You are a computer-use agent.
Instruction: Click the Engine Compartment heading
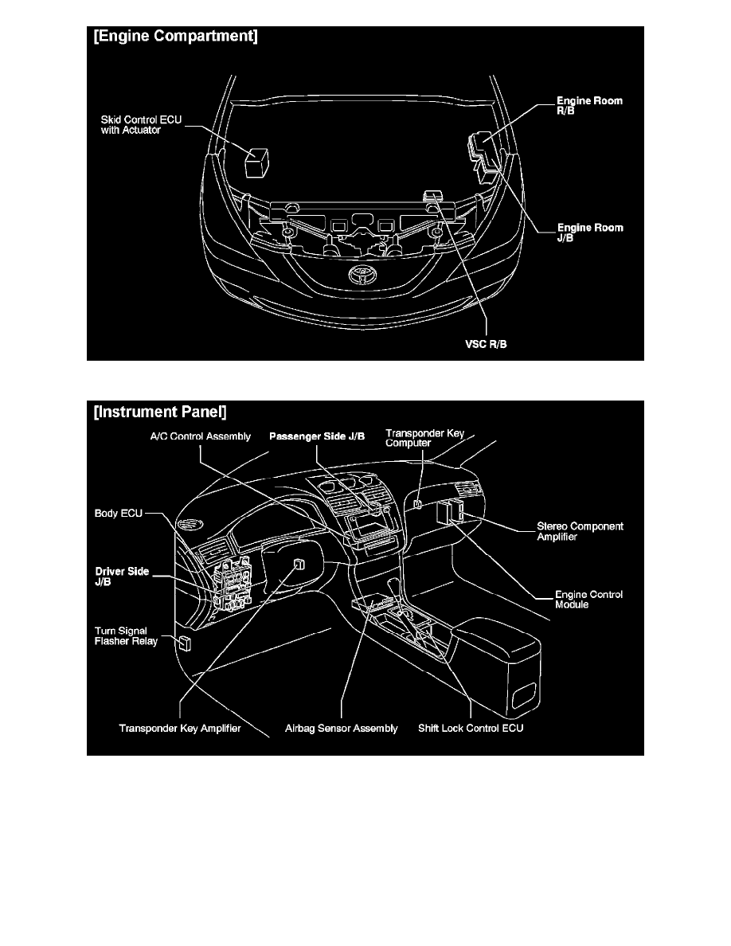175,36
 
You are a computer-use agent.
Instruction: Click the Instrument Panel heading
160,412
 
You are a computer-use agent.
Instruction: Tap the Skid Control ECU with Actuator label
141,125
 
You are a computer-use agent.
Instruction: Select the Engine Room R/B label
589,106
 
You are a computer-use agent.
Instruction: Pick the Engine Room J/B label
590,233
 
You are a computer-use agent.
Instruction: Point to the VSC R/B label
486,345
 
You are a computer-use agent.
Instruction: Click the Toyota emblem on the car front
362,275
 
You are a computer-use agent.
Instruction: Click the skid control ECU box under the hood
256,161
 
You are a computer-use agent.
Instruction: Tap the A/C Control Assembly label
200,436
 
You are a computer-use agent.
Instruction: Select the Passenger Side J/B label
317,436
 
